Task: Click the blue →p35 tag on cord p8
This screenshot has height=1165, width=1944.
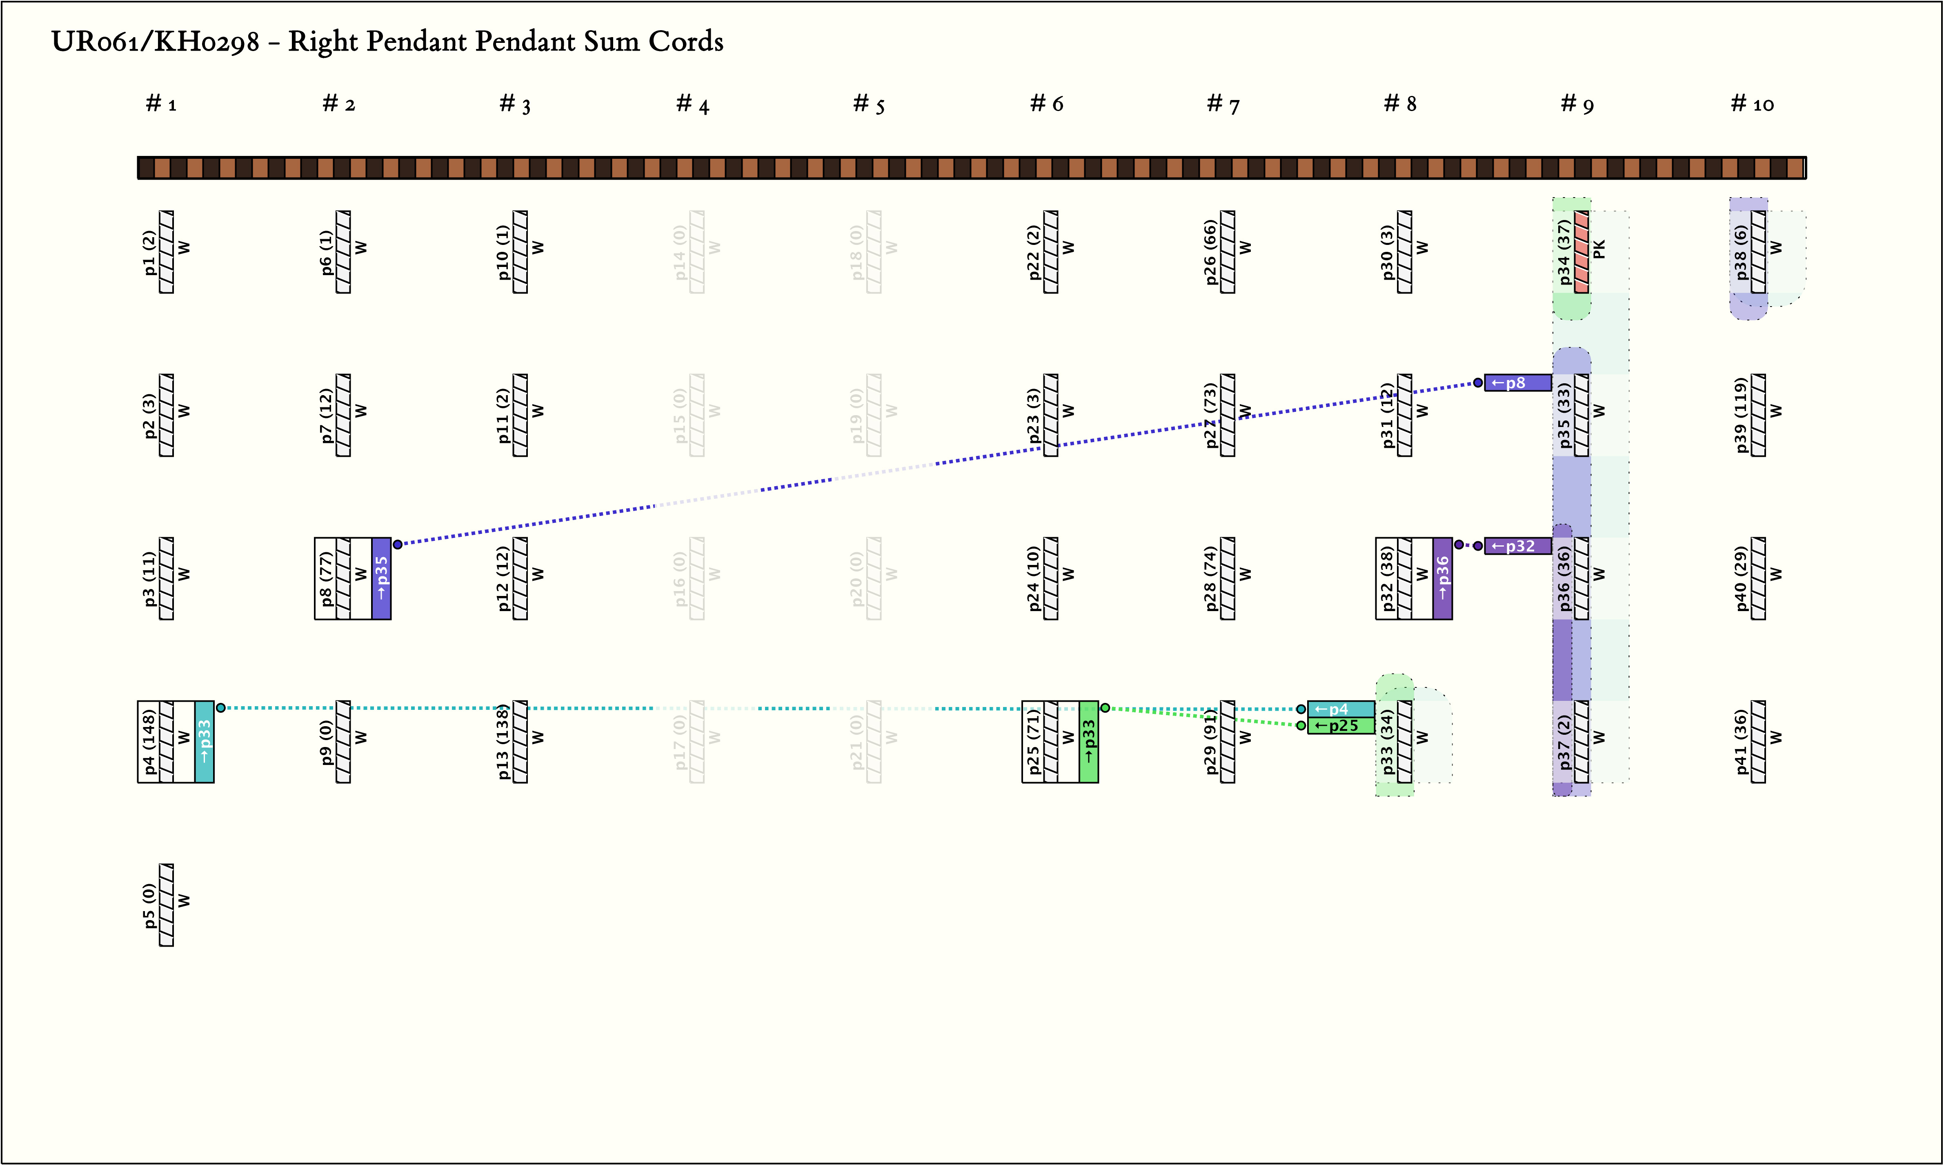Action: pyautogui.click(x=382, y=578)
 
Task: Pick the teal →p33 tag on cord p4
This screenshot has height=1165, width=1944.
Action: pyautogui.click(x=204, y=742)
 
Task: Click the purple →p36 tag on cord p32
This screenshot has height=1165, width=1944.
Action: pyautogui.click(x=1442, y=578)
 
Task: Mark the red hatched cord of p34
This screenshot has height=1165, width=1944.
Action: pyautogui.click(x=1581, y=252)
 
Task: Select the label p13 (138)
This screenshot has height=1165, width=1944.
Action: pyautogui.click(x=503, y=742)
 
